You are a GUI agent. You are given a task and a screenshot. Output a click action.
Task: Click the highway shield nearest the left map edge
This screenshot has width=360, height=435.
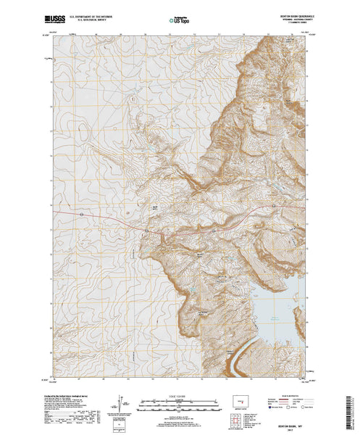point(82,215)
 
